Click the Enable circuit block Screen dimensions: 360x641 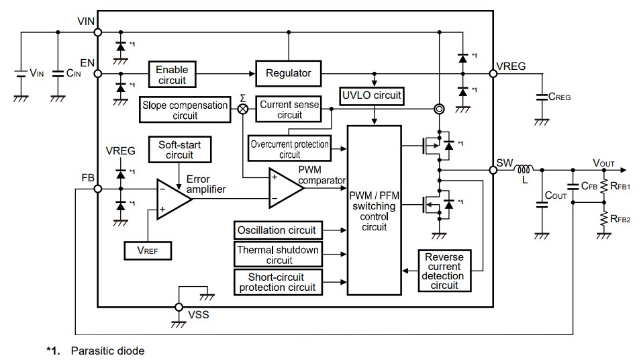click(172, 75)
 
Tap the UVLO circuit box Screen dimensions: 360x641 click(371, 95)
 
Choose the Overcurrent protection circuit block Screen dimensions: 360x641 click(289, 149)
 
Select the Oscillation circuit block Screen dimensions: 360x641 click(276, 230)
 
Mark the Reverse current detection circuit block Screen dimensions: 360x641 click(444, 271)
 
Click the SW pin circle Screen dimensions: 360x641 click(493, 170)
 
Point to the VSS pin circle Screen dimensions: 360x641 click(179, 307)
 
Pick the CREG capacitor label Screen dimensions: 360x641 click(560, 97)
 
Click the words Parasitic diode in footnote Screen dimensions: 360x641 click(107, 351)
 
